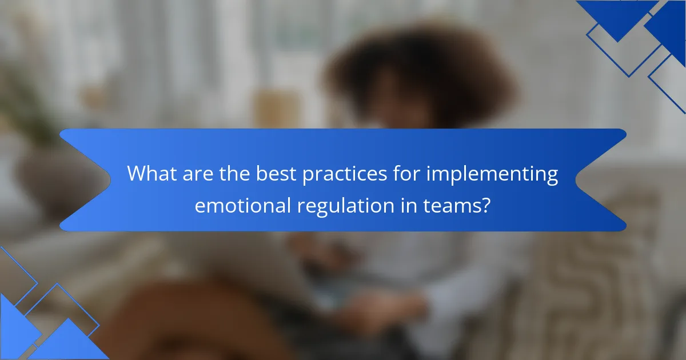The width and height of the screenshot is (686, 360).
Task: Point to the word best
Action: tap(273, 173)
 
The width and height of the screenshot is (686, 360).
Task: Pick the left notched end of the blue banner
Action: tap(86, 180)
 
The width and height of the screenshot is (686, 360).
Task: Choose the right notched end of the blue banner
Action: tap(600, 180)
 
